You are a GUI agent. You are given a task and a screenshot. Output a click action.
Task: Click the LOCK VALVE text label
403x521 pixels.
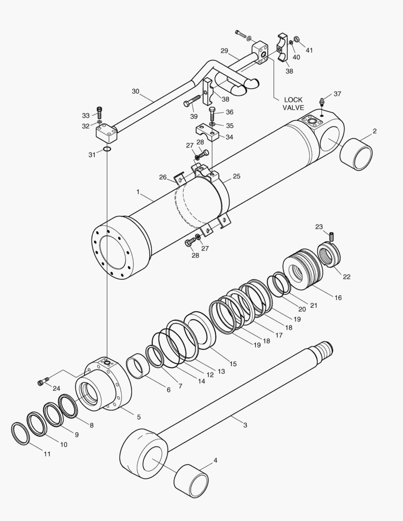tap(293, 104)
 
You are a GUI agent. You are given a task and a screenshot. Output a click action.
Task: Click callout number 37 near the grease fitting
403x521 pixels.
tap(337, 94)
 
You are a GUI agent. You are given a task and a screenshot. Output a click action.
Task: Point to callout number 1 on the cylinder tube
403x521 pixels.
tap(138, 192)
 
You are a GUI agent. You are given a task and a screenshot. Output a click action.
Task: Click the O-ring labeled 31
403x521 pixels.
tap(107, 150)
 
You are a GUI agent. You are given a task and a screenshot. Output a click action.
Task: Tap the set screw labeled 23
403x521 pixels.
tap(332, 236)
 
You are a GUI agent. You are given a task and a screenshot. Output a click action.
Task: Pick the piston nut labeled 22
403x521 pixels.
tap(329, 255)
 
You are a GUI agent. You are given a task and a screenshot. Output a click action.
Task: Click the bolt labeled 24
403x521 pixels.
tap(43, 382)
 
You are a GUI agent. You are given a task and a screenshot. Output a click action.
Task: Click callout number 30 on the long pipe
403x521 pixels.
tap(135, 91)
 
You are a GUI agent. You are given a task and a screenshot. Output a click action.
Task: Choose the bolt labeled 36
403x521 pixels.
tap(213, 114)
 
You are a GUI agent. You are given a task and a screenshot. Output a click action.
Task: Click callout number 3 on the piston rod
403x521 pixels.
tap(245, 425)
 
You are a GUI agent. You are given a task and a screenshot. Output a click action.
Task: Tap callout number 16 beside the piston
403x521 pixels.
tap(338, 298)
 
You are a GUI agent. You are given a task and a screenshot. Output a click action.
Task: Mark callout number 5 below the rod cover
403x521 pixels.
tap(139, 417)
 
